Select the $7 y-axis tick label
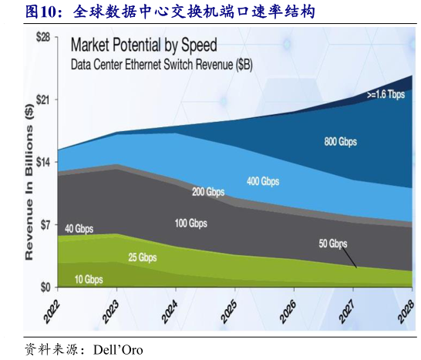coord(46,225)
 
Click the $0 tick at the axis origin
coord(46,287)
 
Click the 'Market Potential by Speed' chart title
coord(144,45)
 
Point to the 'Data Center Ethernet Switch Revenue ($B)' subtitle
coord(161,66)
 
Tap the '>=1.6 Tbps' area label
coord(386,96)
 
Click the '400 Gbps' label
coord(263,181)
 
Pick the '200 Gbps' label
coord(208,191)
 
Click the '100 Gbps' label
coord(190,224)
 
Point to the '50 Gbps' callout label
coord(333,244)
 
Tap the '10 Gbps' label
coord(89,278)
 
